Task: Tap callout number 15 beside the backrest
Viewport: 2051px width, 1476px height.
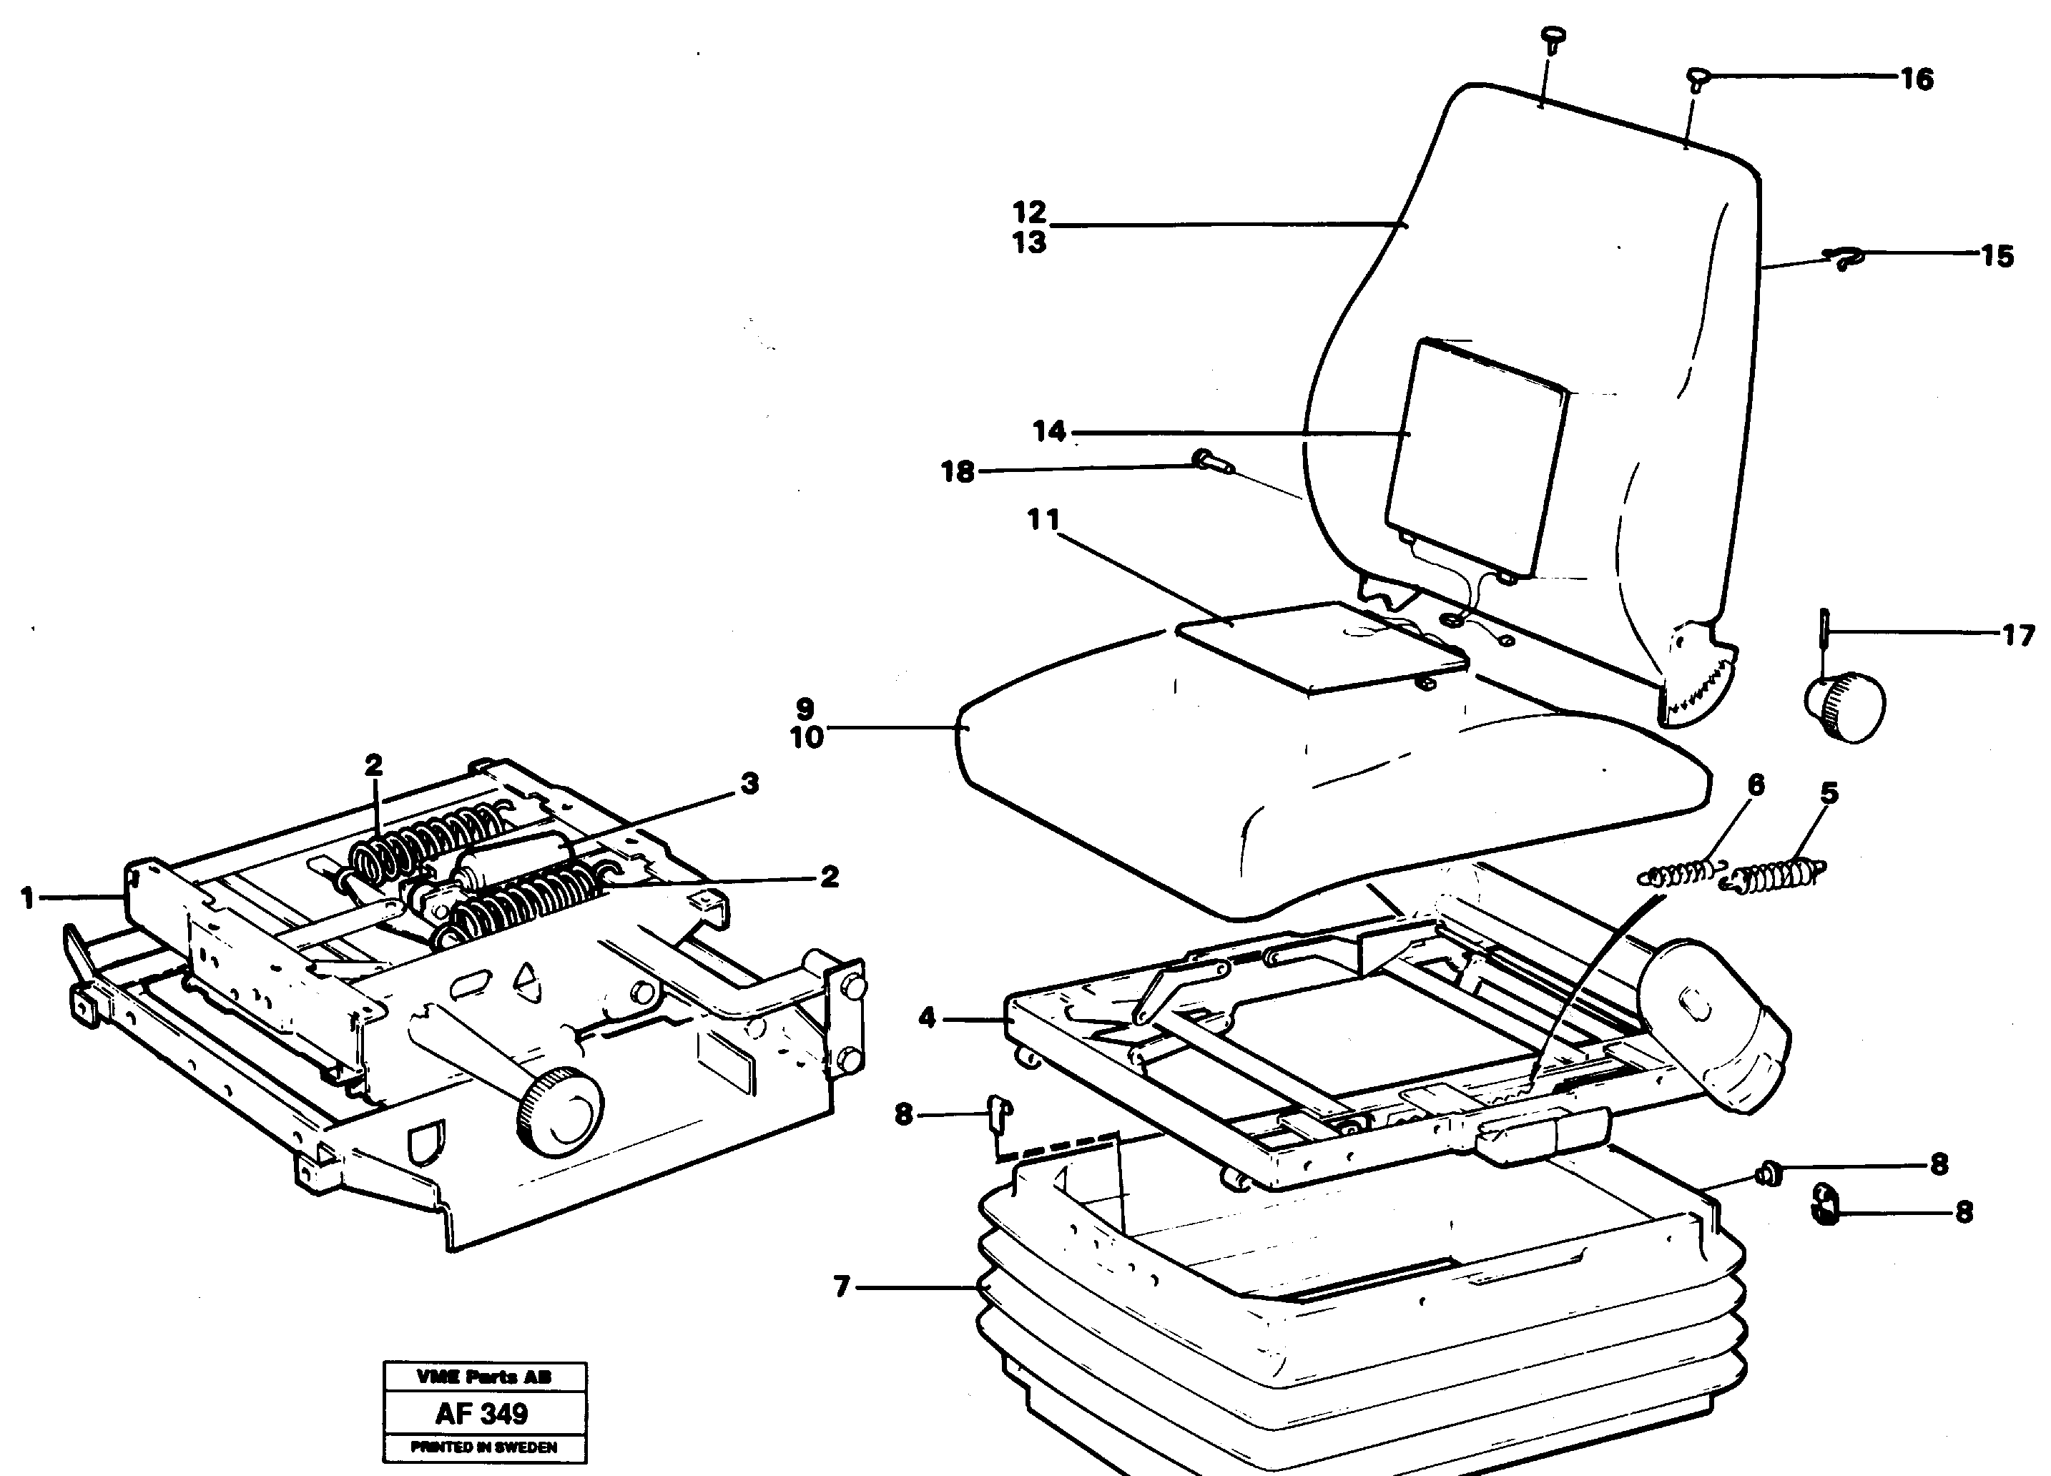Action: tap(1997, 257)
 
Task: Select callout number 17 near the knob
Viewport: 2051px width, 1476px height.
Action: tap(2017, 636)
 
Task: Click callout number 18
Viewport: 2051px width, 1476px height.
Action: tap(958, 472)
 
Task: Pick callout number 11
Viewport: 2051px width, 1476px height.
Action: tap(1043, 520)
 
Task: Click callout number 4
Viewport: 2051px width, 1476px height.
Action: tap(927, 1018)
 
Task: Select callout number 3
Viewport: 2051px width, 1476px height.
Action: tap(749, 783)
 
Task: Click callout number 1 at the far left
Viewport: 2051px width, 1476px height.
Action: tap(28, 898)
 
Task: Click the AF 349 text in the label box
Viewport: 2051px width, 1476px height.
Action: tap(482, 1412)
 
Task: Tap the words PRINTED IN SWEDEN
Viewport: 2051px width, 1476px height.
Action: tap(484, 1447)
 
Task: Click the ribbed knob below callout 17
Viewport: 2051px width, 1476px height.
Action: tap(1845, 707)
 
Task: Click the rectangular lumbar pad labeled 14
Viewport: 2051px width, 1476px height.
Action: tap(1476, 457)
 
